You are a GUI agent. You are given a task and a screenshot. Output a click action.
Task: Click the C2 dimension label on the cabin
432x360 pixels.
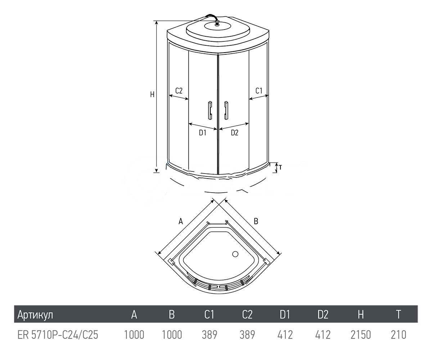coord(179,91)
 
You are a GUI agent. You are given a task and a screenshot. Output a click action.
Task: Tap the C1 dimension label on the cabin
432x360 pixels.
coord(259,91)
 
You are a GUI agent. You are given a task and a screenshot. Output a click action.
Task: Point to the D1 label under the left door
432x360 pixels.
coord(203,132)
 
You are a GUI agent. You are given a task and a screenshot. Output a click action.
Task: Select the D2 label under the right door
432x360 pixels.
coord(235,132)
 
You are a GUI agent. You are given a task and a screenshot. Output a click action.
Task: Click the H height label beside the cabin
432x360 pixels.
coord(152,95)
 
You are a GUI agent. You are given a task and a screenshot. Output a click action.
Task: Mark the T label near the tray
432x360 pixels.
coord(280,167)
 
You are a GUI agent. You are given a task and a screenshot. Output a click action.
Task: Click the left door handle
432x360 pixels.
coord(210,110)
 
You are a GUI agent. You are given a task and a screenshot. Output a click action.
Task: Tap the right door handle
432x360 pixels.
coord(226,110)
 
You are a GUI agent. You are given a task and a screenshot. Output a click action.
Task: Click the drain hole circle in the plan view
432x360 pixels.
coord(235,254)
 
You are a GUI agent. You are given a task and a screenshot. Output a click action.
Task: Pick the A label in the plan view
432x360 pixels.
coord(181,221)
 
